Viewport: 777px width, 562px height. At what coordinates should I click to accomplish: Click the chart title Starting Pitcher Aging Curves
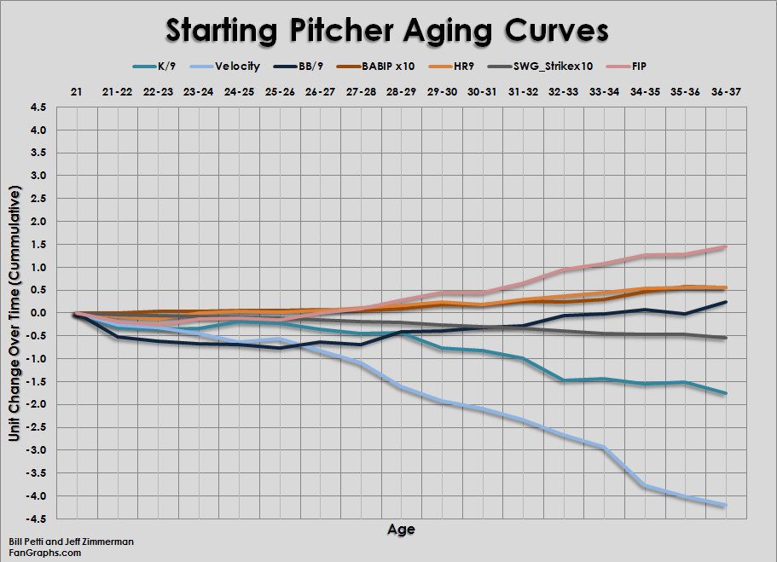387,30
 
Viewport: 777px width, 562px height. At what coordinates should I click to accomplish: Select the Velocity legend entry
233,65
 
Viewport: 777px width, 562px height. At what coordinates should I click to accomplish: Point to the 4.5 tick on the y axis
38,107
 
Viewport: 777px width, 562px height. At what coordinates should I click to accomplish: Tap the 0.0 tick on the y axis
38,313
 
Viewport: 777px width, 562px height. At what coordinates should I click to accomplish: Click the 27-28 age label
361,90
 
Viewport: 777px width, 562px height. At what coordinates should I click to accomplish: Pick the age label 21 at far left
76,90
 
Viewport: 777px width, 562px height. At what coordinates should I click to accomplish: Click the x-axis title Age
401,530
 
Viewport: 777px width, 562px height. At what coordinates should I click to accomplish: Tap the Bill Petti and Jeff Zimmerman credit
71,542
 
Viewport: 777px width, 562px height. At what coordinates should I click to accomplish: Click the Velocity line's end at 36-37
725,505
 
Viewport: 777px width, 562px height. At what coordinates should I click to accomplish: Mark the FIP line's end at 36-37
725,246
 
